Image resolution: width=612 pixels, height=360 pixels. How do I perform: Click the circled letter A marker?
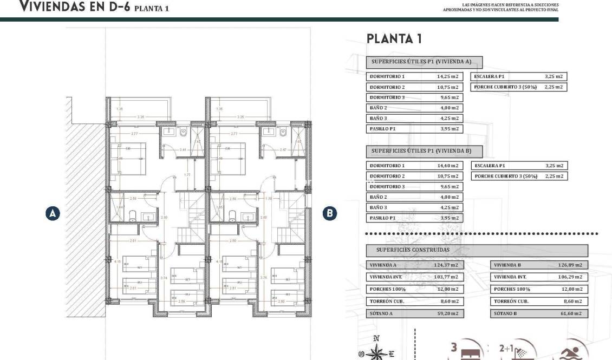pyautogui.click(x=52, y=213)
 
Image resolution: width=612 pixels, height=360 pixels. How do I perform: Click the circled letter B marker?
pyautogui.click(x=329, y=213)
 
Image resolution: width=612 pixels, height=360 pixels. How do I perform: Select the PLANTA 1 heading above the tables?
pyautogui.click(x=394, y=39)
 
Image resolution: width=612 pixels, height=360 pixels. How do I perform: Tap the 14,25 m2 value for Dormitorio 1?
pyautogui.click(x=447, y=77)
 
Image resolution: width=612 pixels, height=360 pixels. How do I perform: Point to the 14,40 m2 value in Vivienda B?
pyautogui.click(x=447, y=166)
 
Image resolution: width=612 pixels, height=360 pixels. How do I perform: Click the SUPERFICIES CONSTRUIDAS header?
pyautogui.click(x=413, y=250)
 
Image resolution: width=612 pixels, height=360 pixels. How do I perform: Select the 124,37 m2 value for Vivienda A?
pyautogui.click(x=447, y=265)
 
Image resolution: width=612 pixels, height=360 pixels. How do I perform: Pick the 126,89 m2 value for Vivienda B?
pyautogui.click(x=571, y=265)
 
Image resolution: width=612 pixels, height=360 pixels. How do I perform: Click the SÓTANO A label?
pyautogui.click(x=381, y=313)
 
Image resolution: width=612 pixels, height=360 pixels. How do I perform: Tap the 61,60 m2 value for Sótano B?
pyautogui.click(x=571, y=313)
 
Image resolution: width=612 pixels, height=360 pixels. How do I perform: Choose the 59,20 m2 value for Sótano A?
pyautogui.click(x=447, y=313)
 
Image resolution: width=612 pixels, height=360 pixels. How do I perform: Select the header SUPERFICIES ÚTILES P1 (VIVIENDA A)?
pyautogui.click(x=424, y=62)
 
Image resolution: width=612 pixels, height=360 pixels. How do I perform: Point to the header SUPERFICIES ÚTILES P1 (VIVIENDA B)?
pyautogui.click(x=424, y=151)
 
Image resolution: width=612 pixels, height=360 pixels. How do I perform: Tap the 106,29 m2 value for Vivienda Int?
pyautogui.click(x=571, y=277)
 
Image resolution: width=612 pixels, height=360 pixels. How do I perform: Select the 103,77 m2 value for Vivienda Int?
pyautogui.click(x=447, y=277)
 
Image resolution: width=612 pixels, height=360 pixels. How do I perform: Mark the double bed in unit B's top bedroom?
pyautogui.click(x=230, y=153)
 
